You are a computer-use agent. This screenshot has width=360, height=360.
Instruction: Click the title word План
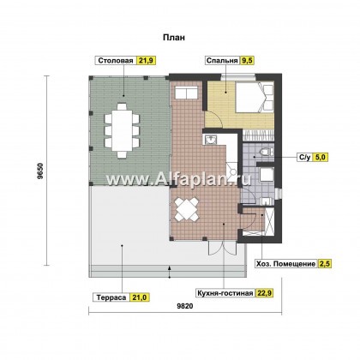pyautogui.click(x=174, y=38)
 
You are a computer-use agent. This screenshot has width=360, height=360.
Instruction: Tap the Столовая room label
pyautogui.click(x=116, y=61)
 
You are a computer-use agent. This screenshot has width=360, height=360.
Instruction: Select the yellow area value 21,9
pyautogui.click(x=147, y=61)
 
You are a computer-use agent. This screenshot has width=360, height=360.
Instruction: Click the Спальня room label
pyautogui.click(x=222, y=61)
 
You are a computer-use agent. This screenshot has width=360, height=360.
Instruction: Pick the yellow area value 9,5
pyautogui.click(x=248, y=61)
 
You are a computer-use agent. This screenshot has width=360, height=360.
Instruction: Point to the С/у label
pyautogui.click(x=304, y=157)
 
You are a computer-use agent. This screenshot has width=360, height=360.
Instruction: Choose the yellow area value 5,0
pyautogui.click(x=321, y=157)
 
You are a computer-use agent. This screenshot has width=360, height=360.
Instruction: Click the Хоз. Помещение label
pyautogui.click(x=285, y=264)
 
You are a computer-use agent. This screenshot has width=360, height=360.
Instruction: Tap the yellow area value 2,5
pyautogui.click(x=325, y=264)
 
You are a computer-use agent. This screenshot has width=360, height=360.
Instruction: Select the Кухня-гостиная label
pyautogui.click(x=225, y=293)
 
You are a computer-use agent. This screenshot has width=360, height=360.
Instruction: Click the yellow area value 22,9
pyautogui.click(x=265, y=293)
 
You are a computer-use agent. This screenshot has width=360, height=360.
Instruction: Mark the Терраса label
pyautogui.click(x=111, y=297)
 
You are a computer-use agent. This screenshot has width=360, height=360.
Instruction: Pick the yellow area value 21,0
pyautogui.click(x=140, y=297)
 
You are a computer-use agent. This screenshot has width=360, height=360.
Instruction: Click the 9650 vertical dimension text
pyautogui.click(x=40, y=171)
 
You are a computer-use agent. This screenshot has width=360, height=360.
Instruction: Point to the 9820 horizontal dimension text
pyautogui.click(x=185, y=306)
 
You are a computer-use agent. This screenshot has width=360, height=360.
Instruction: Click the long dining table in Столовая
pyautogui.click(x=122, y=130)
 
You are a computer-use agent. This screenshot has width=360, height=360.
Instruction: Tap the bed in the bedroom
pyautogui.click(x=255, y=97)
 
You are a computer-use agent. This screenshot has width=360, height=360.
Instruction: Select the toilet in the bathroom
pyautogui.click(x=266, y=152)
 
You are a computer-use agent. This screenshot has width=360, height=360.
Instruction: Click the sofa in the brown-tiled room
pyautogui.click(x=186, y=93)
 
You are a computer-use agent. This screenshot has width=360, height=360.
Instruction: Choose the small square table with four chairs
pyautogui.click(x=187, y=209)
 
